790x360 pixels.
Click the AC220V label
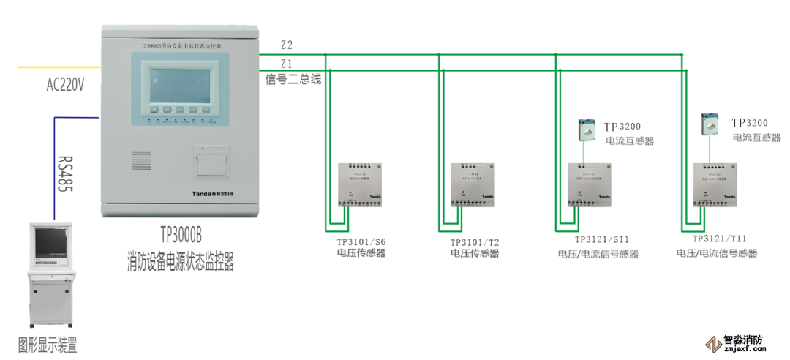[65, 85]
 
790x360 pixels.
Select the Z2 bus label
[286, 45]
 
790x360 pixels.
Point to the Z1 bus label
[286, 64]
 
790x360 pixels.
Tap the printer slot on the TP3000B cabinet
[212, 161]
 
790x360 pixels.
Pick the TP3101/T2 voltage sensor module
[474, 184]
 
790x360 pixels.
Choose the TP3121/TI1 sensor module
[715, 184]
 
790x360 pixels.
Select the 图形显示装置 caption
[48, 345]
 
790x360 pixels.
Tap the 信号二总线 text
[293, 80]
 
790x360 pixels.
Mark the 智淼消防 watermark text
[742, 340]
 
